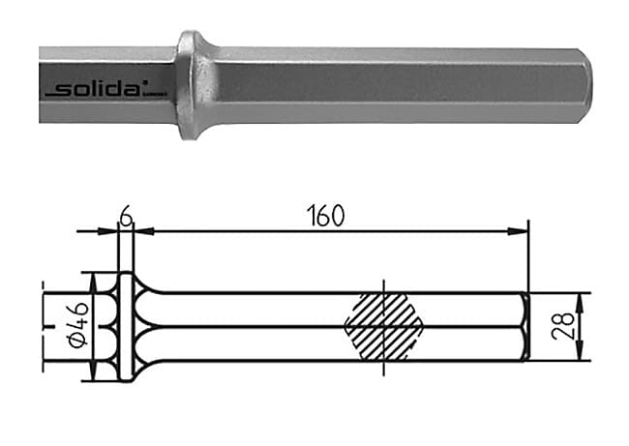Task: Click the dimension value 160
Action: pyautogui.click(x=325, y=216)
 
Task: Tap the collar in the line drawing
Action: pyautogui.click(x=124, y=327)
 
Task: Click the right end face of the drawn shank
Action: pyautogui.click(x=525, y=327)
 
